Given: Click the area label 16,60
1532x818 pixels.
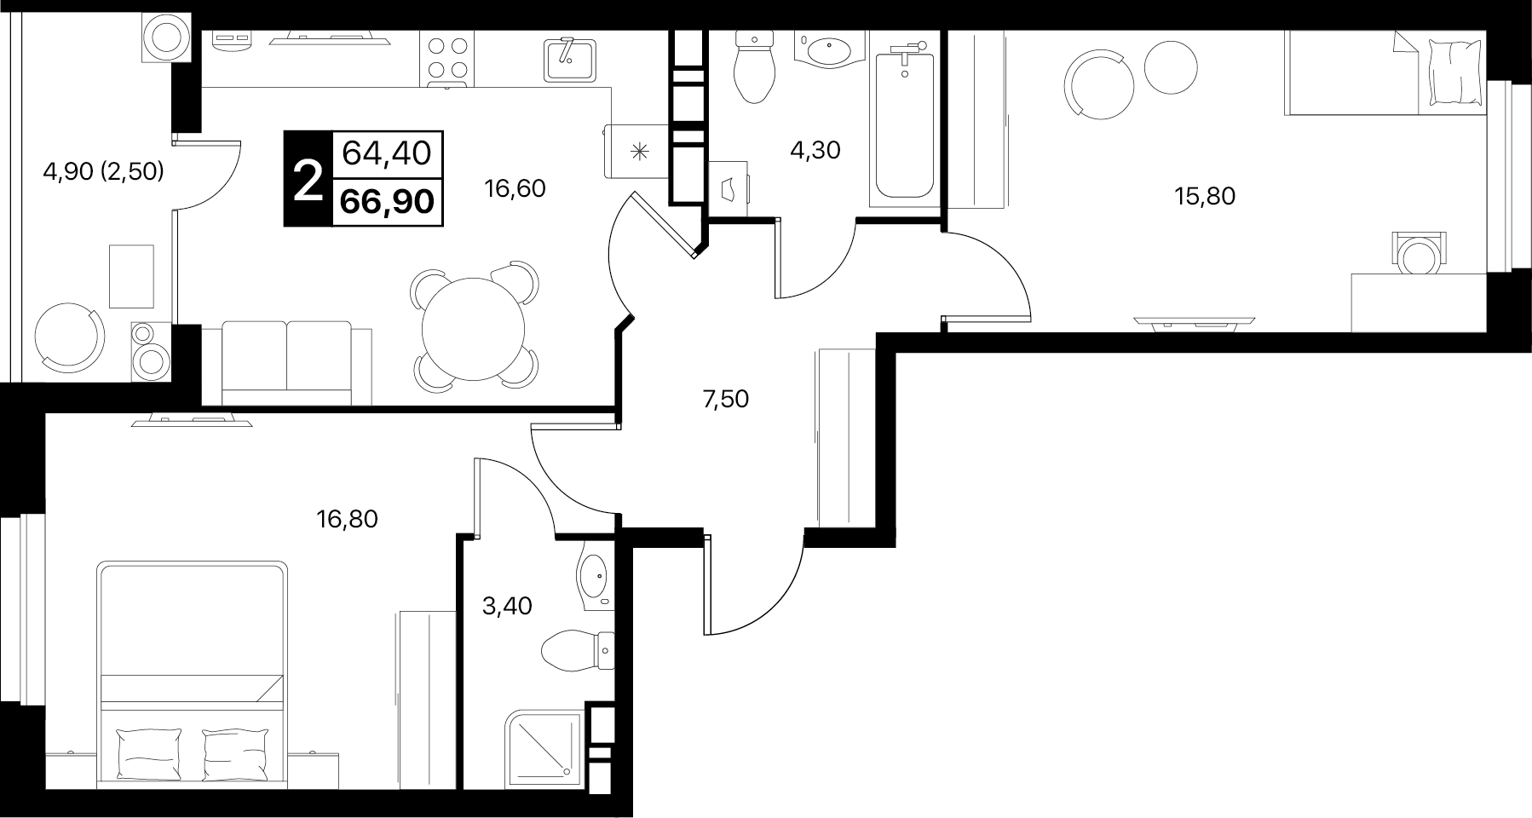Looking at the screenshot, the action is pyautogui.click(x=515, y=188).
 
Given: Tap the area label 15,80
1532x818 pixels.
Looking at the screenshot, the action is pyautogui.click(x=1205, y=197).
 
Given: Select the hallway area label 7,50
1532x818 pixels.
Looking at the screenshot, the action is pyautogui.click(x=725, y=398).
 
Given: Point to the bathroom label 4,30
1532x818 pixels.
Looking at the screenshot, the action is pyautogui.click(x=815, y=151).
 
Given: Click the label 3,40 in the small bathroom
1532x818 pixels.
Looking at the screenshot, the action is pyautogui.click(x=507, y=606).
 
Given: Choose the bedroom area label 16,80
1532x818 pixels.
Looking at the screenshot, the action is pyautogui.click(x=347, y=518).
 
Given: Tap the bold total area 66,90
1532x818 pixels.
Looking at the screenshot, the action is pyautogui.click(x=388, y=202).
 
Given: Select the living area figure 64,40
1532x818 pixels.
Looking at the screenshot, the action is pyautogui.click(x=388, y=153).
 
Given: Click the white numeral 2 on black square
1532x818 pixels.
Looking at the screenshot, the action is pyautogui.click(x=308, y=181).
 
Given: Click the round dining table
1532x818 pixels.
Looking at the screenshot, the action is pyautogui.click(x=475, y=329).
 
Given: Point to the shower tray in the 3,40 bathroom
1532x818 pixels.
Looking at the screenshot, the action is pyautogui.click(x=545, y=748).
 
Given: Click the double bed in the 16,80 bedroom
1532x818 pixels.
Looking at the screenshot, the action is pyautogui.click(x=192, y=674).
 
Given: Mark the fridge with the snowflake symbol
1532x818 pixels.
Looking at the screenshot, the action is pyautogui.click(x=636, y=152).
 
